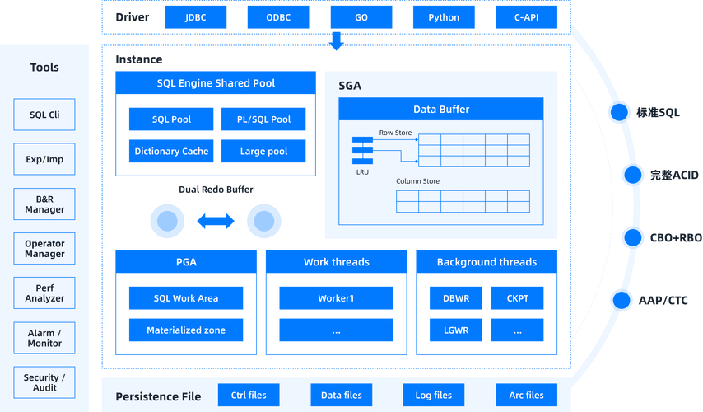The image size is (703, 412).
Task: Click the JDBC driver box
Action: [x=196, y=17]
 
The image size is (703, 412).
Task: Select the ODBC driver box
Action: [x=278, y=17]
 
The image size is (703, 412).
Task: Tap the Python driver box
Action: [x=444, y=17]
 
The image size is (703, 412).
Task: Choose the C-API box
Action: [x=526, y=17]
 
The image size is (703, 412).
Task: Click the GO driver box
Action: [x=361, y=17]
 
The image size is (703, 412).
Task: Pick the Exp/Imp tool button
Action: [x=44, y=159]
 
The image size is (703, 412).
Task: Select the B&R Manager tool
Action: [x=44, y=204]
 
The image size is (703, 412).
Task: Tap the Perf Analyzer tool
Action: [x=44, y=293]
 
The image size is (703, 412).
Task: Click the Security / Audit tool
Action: [x=44, y=382]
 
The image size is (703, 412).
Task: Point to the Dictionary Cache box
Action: [x=171, y=152]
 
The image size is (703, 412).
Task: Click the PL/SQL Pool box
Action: [x=264, y=119]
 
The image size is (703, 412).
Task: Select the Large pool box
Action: [x=264, y=152]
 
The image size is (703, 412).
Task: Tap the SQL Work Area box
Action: [x=186, y=298]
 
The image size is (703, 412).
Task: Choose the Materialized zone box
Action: [x=186, y=330]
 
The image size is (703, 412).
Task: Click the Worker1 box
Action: [x=336, y=298]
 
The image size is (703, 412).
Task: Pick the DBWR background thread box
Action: [x=456, y=298]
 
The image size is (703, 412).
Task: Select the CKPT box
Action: [x=517, y=298]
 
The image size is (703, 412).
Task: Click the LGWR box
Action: [x=456, y=330]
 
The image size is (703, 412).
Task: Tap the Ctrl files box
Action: [x=248, y=396]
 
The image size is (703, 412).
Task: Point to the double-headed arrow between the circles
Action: [x=216, y=221]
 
